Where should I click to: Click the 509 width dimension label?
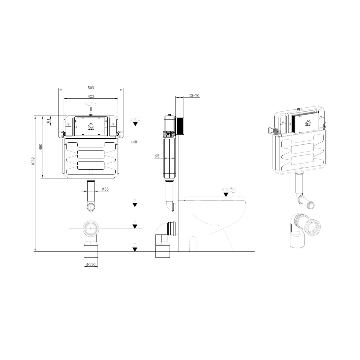(91, 88)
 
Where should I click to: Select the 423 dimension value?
(91, 96)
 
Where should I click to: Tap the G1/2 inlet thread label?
(91, 104)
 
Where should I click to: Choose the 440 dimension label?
(133, 142)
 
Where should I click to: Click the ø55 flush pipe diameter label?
(105, 189)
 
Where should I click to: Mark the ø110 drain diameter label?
(90, 265)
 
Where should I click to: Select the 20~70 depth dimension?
(194, 96)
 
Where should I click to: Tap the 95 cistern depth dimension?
(157, 156)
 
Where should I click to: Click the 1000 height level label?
(135, 119)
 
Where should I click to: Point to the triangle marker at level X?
(135, 205)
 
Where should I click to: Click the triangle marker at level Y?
(135, 227)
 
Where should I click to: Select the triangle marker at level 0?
(135, 249)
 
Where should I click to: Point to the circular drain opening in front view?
(90, 229)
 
